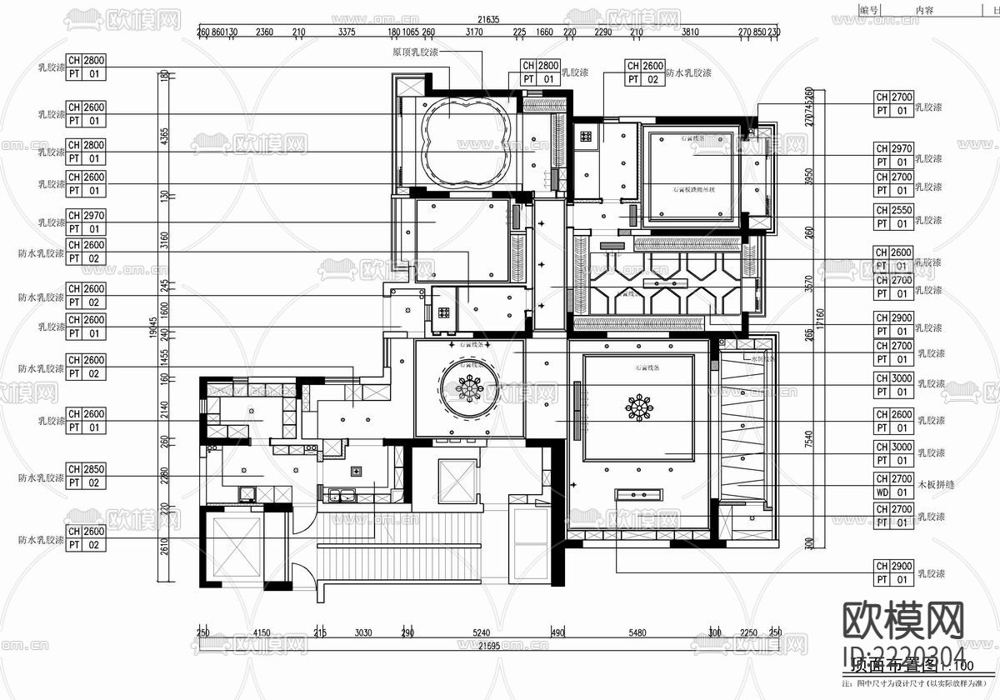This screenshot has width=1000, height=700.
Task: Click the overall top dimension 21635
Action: click(488, 20)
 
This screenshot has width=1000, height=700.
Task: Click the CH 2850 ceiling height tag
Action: click(85, 476)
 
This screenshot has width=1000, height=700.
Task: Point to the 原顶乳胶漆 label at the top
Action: click(415, 52)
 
